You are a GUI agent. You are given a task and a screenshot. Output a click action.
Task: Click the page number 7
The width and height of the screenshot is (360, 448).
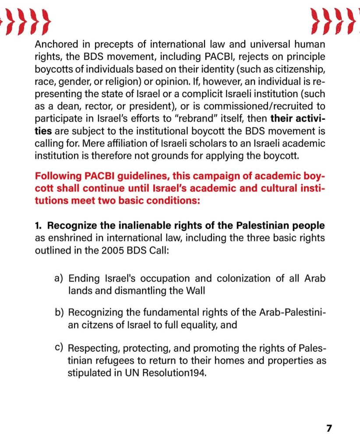[x=329, y=428]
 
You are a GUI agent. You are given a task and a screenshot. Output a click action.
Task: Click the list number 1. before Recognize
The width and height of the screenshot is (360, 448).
[x=39, y=226]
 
